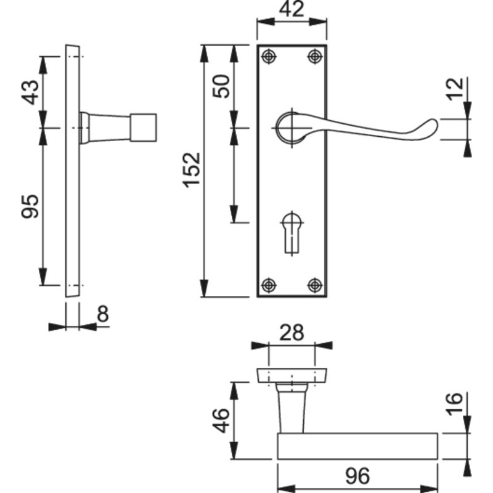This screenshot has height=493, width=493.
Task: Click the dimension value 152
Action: pos(192,170)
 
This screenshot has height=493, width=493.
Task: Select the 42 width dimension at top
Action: pos(291,9)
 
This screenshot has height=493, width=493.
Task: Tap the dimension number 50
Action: pos(221,86)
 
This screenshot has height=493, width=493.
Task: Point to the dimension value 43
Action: pos(30,92)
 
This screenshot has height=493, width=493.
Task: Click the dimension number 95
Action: pos(30,206)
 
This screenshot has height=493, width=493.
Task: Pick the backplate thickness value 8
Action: pos(103,314)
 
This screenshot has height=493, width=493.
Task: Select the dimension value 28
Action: pos(291,333)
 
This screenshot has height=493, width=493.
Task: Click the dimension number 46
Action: pos(221,421)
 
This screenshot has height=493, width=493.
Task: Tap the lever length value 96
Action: pos(357,476)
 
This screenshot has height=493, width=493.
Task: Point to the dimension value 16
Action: pos(455,404)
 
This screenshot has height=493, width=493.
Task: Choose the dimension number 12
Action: pos(455,89)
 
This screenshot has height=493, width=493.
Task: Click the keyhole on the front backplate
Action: pos(292,234)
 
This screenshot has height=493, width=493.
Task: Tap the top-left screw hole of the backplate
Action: pos(269,57)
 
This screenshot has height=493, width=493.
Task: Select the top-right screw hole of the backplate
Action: pos(315,57)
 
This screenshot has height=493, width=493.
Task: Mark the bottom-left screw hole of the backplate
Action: pos(269,285)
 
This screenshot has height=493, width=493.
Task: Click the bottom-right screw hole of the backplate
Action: pos(315,285)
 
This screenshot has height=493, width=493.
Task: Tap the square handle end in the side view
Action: pos(144,128)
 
